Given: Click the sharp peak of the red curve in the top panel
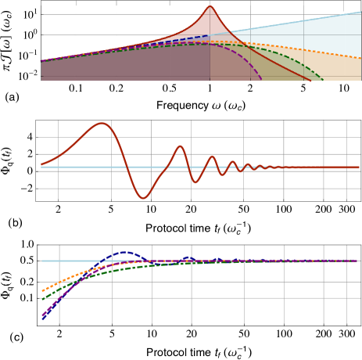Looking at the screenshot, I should [210, 6].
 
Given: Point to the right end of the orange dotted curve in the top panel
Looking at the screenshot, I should [360, 58].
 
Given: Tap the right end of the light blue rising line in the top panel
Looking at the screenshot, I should [360, 12].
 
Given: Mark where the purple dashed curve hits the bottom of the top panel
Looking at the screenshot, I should [262, 80].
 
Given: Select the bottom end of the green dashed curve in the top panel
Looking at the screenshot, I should [323, 80].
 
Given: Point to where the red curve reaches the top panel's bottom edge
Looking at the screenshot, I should [310, 80].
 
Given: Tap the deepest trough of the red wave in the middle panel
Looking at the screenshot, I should [143, 198].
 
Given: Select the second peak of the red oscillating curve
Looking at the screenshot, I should [180, 146].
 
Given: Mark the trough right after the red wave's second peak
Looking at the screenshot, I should [196, 182].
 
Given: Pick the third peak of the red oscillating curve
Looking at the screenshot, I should [212, 156].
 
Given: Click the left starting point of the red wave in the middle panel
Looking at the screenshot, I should [41, 164].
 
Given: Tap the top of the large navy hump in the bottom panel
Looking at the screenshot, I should [125, 253].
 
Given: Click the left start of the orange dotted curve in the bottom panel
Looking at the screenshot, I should [42, 290].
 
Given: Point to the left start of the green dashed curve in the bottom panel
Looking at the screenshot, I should [42, 298].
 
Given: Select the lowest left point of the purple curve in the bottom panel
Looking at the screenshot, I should [42, 315].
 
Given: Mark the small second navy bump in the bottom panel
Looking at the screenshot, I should [188, 258].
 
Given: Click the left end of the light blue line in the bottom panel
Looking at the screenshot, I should [42, 261].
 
